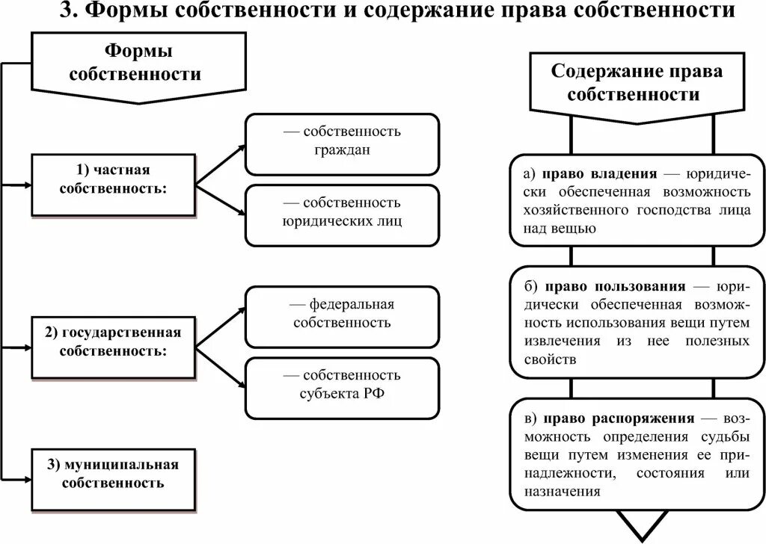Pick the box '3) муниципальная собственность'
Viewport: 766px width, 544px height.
113,474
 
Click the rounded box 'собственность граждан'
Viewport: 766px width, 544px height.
342,140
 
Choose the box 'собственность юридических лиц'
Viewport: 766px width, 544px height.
342,212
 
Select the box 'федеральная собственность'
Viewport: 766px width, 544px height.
342,314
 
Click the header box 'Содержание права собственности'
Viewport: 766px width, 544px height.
637,83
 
